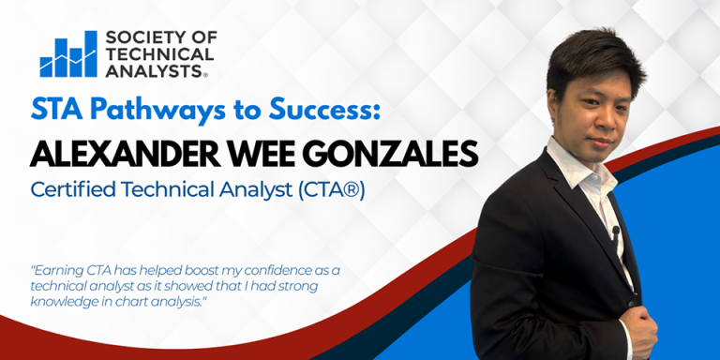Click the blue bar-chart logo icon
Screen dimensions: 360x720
pos(67,55)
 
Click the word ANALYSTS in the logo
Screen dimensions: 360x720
pos(155,71)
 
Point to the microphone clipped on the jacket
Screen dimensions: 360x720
pos(615,231)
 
